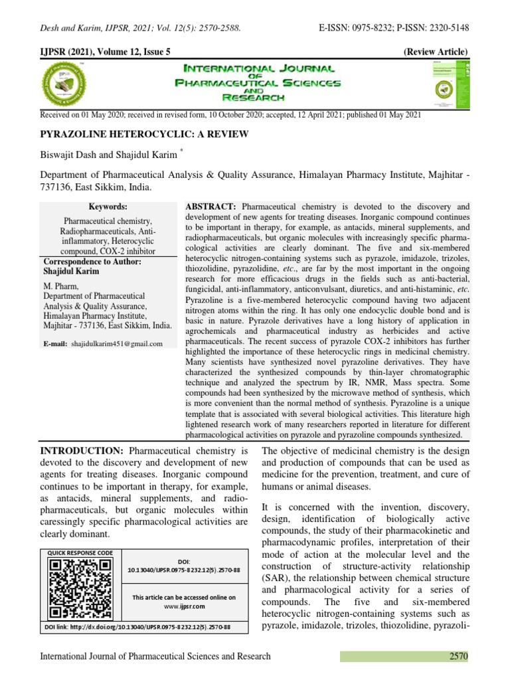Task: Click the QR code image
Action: [81, 588]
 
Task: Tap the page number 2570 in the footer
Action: [457, 657]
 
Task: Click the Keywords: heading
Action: [107, 207]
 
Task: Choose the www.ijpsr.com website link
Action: [184, 606]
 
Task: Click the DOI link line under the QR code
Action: [137, 627]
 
